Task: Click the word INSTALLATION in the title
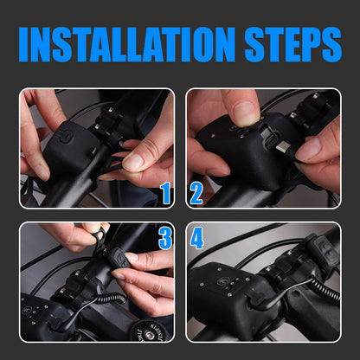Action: [127, 44]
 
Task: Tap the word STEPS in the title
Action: [293, 44]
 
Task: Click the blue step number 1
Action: [165, 193]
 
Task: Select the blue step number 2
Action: [196, 194]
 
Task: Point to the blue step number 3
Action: [165, 238]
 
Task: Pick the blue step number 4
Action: [197, 238]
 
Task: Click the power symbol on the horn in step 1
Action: [66, 136]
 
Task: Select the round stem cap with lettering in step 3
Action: [148, 331]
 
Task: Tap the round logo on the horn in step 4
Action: [222, 280]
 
